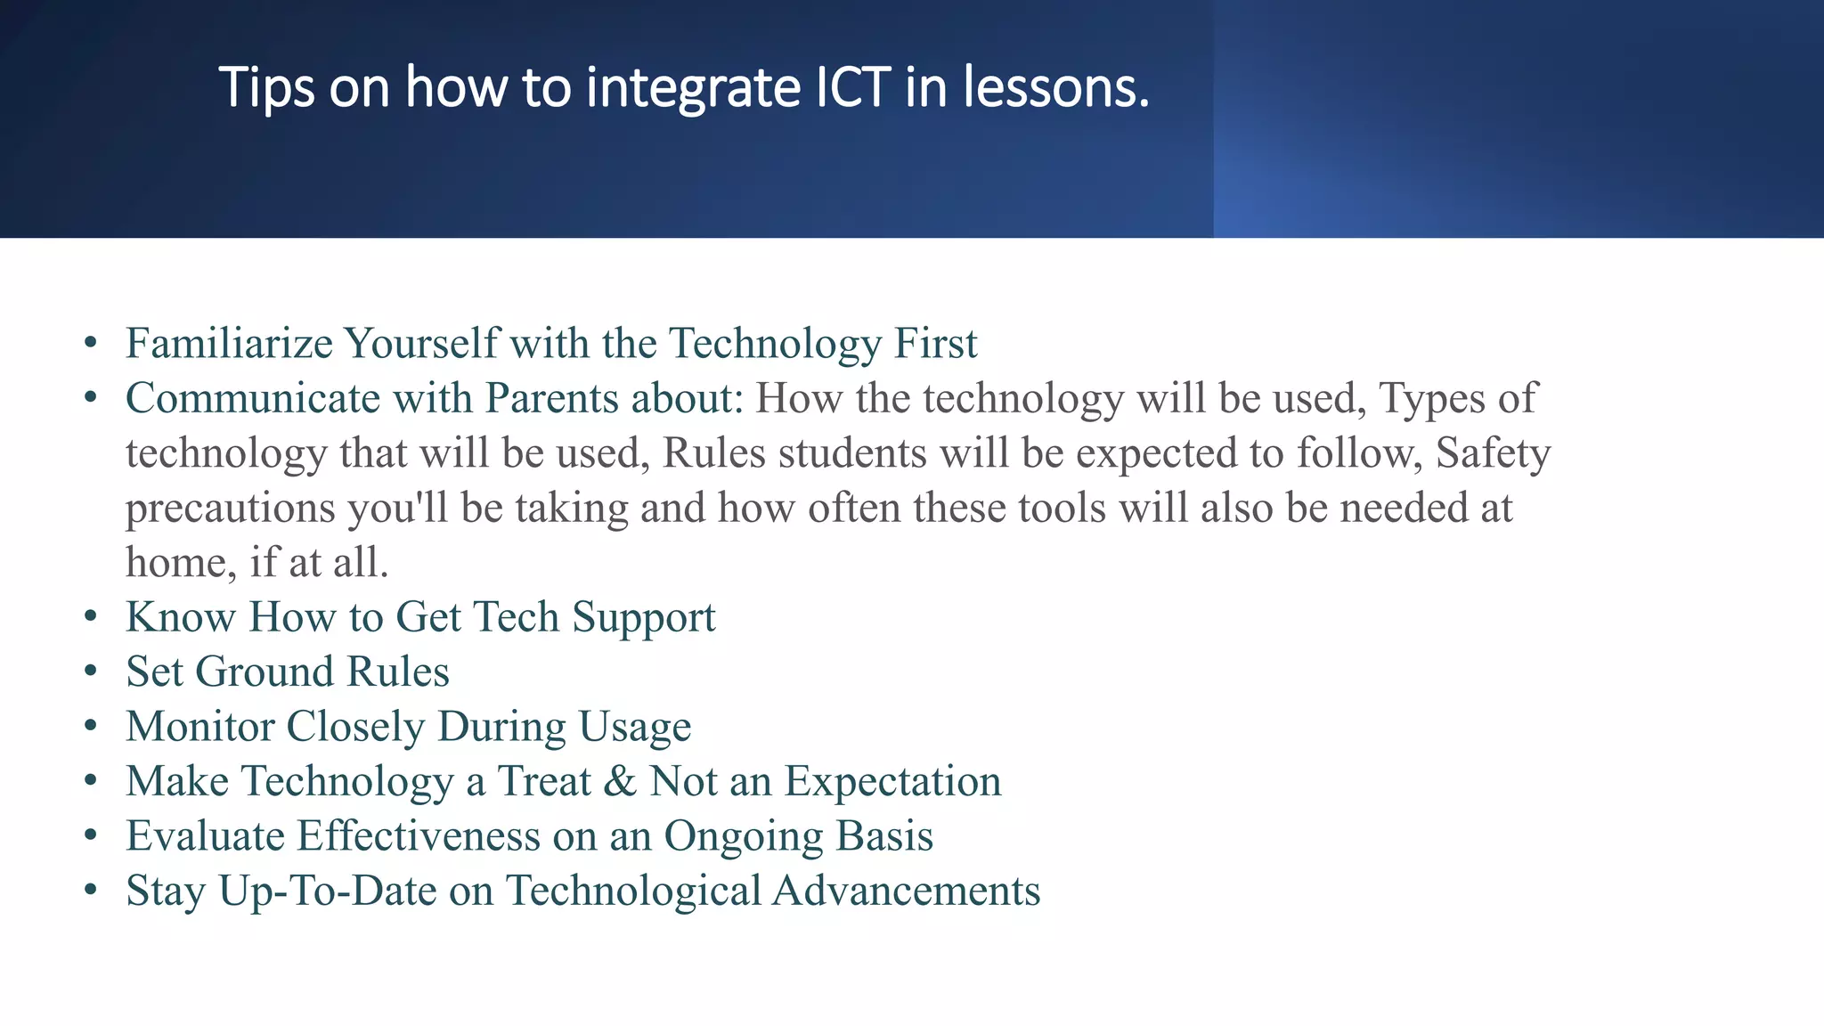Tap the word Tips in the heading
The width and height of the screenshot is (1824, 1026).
266,88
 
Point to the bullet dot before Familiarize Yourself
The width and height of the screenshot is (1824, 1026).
90,344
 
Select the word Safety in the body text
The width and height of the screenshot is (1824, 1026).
1493,453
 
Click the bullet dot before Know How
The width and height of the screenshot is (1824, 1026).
90,617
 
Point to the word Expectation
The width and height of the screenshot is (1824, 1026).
892,782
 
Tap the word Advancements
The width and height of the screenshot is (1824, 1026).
906,892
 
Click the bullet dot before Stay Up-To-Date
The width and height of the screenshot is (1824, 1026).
90,891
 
